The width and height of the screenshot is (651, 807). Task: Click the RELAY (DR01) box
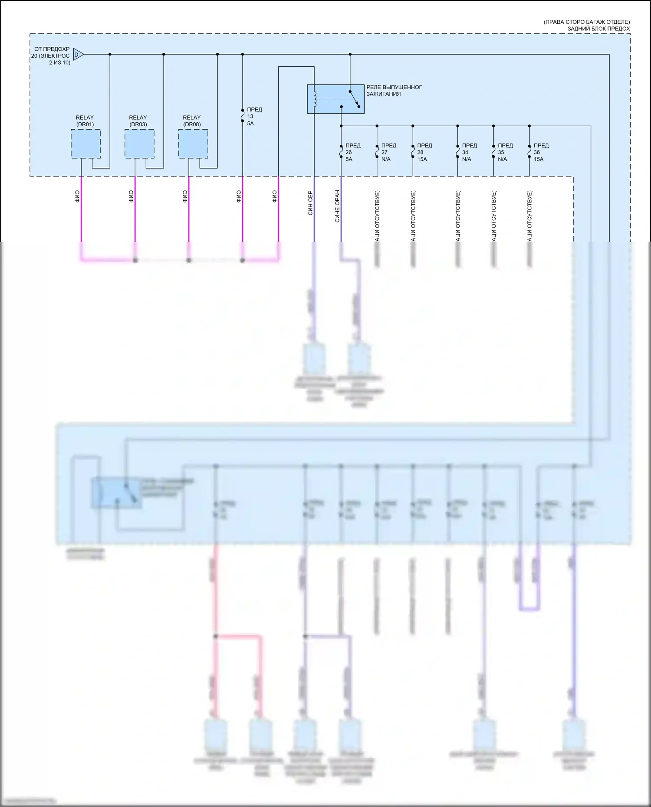point(85,144)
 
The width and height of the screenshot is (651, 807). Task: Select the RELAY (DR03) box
point(139,144)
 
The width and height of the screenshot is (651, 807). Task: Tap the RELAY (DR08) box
point(193,144)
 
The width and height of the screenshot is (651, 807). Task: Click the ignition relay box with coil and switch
point(335,99)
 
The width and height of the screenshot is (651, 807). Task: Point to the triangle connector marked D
point(78,54)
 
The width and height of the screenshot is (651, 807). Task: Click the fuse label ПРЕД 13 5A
point(254,117)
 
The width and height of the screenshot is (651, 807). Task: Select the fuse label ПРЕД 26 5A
point(352,152)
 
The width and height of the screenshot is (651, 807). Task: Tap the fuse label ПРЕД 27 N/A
point(388,152)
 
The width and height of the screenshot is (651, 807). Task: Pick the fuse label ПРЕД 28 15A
point(424,152)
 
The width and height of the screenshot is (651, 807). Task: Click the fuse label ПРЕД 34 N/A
point(469,152)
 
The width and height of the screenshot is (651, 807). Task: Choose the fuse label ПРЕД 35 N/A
point(505,152)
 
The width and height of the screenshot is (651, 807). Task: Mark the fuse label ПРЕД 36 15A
point(541,152)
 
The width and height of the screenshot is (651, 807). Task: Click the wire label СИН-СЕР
point(310,203)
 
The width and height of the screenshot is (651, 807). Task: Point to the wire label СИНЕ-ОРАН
point(337,206)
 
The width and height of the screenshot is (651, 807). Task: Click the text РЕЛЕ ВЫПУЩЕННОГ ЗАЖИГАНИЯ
point(394,90)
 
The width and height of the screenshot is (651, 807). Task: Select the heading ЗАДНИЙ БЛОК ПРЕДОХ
point(598,29)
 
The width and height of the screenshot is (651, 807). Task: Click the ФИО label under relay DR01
point(77,196)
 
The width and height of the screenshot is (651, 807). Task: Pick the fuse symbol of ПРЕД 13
point(243,117)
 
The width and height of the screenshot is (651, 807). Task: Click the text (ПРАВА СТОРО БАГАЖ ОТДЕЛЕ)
point(586,22)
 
